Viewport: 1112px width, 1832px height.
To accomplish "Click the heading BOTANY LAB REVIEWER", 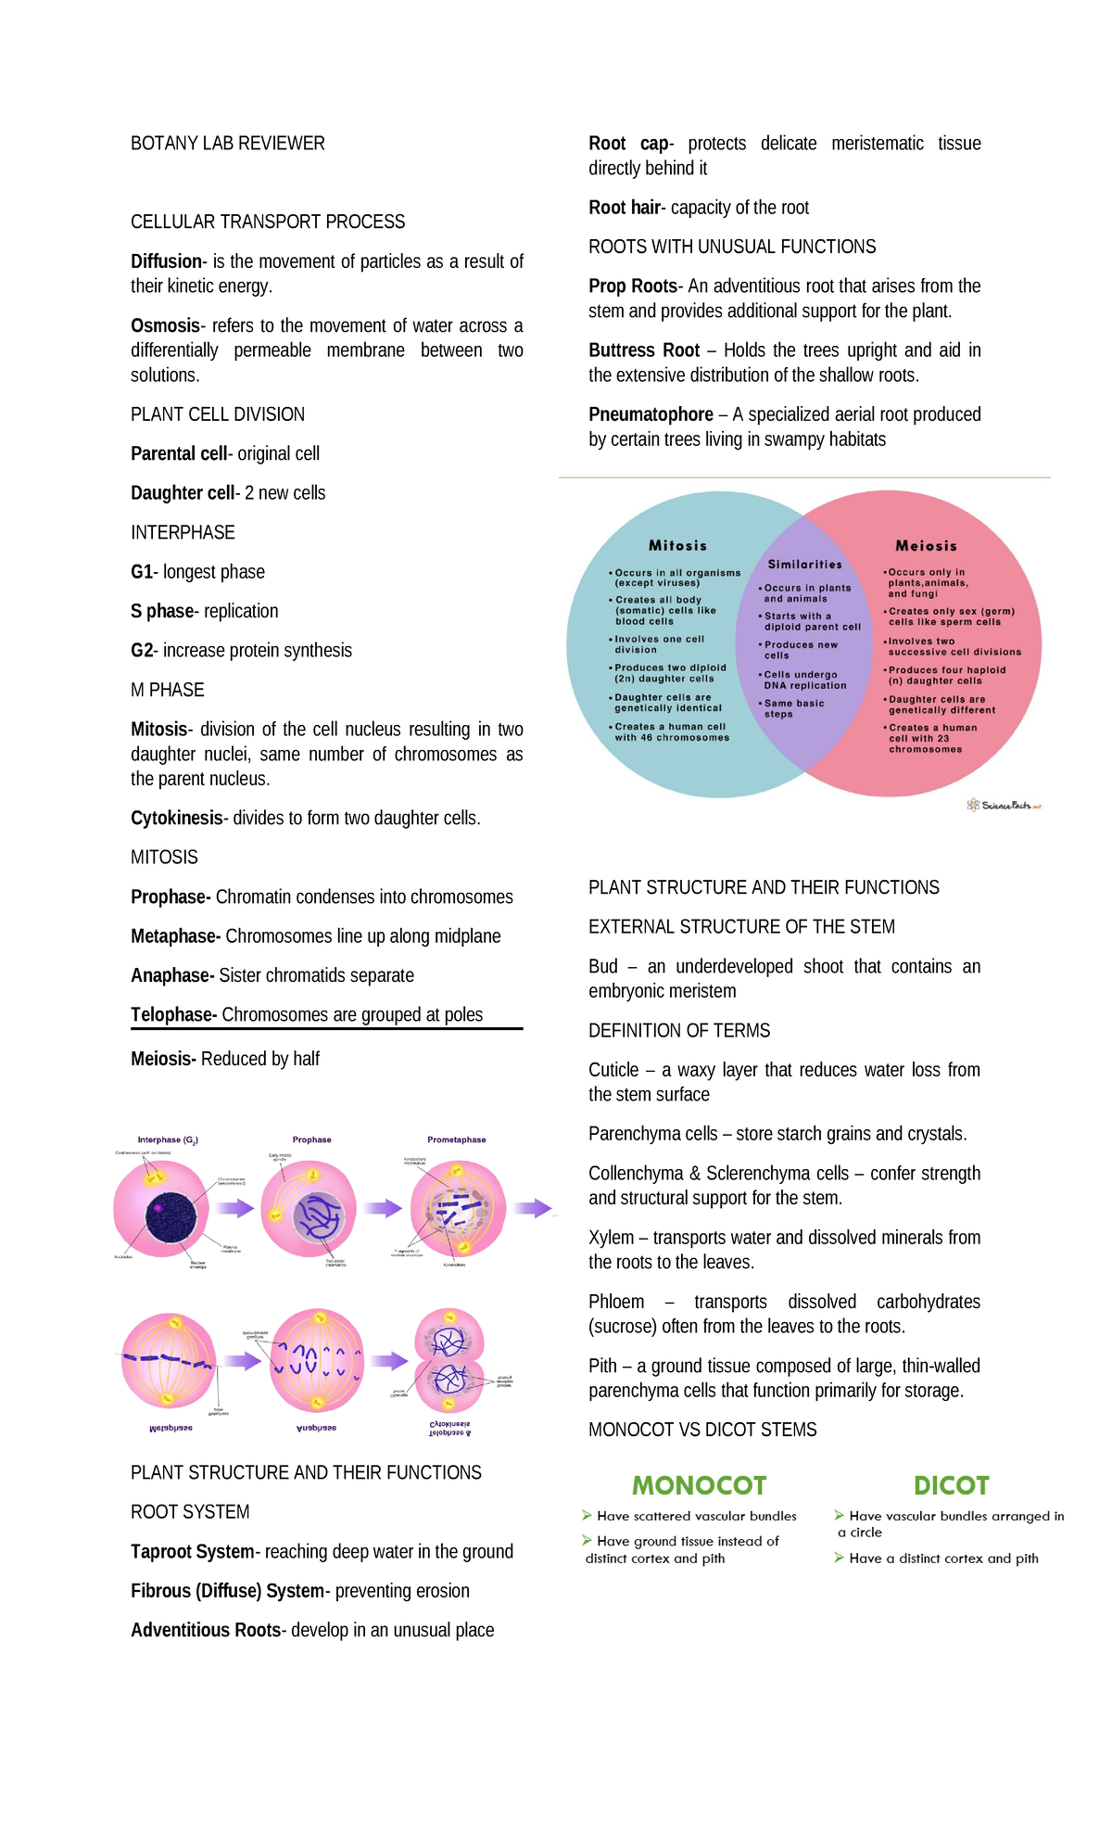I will (227, 144).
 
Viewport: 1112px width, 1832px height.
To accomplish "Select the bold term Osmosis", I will (165, 326).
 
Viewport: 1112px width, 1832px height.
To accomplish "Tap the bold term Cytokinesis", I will (176, 819).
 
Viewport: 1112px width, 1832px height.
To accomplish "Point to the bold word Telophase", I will (172, 1015).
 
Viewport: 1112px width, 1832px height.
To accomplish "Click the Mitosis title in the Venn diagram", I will (677, 546).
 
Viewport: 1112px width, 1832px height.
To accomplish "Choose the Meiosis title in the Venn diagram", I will (926, 546).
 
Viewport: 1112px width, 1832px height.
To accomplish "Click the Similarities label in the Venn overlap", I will (804, 565).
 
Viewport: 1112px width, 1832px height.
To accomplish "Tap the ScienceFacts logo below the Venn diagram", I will (1004, 805).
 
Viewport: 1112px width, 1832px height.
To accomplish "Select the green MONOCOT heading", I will (699, 1486).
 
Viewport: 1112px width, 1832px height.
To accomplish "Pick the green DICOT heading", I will (951, 1486).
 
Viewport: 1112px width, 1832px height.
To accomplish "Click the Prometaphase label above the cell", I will (456, 1140).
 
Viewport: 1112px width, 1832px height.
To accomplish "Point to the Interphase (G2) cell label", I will (168, 1140).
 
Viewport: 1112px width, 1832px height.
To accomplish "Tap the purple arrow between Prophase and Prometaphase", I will (382, 1208).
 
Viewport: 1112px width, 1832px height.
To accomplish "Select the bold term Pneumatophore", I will (651, 414).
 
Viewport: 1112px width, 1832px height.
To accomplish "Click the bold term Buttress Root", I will (644, 350).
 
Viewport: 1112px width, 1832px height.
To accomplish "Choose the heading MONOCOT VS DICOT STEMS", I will (702, 1430).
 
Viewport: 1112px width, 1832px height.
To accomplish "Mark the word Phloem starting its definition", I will (616, 1302).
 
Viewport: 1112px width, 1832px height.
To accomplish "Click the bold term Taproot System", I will (192, 1552).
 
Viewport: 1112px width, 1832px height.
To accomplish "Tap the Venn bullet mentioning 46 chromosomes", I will (671, 732).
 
